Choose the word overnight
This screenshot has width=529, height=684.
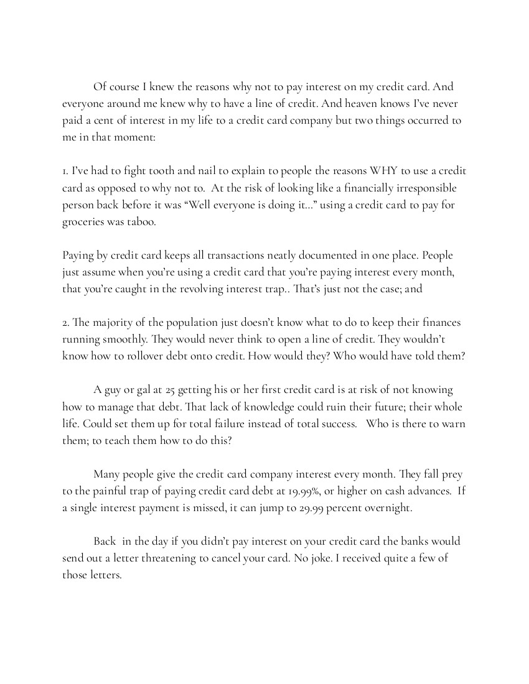click(x=388, y=508)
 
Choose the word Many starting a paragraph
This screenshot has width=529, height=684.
click(x=108, y=474)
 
